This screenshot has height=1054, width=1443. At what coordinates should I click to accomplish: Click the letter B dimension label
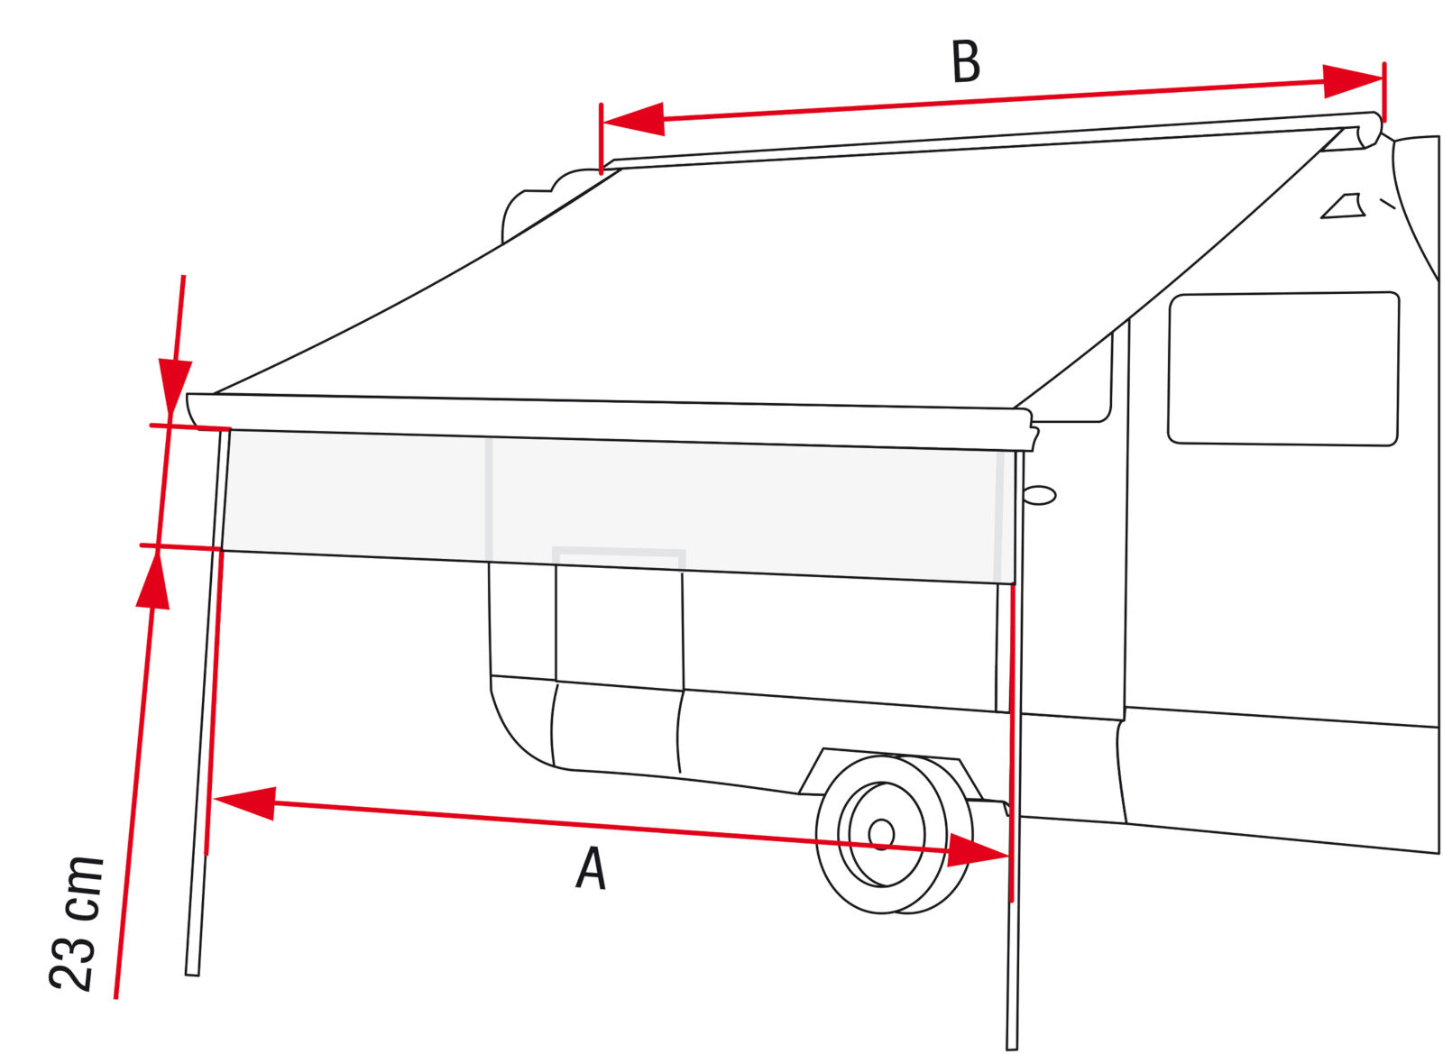coord(966,62)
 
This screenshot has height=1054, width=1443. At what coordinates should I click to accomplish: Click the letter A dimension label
coord(592,868)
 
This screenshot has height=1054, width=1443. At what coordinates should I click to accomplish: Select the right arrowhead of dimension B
coord(1352,81)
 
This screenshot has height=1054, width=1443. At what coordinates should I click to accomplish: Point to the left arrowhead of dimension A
coord(244,803)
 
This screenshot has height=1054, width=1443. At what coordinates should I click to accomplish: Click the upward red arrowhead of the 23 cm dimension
coord(153,580)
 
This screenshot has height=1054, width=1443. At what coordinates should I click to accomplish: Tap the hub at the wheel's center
coord(880,834)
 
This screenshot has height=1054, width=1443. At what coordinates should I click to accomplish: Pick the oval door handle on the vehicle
coord(1039,496)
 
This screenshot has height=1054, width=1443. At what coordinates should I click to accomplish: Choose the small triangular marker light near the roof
coord(1343,206)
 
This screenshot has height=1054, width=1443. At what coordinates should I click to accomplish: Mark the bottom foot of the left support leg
coord(192,974)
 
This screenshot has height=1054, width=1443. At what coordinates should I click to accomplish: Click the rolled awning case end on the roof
coord(1369,131)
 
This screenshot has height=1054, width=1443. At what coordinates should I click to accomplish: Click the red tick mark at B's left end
coord(601,139)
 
